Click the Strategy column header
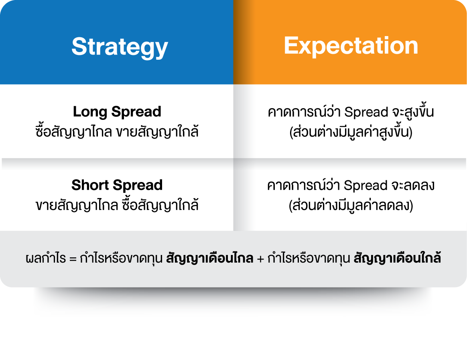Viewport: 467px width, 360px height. pyautogui.click(x=120, y=47)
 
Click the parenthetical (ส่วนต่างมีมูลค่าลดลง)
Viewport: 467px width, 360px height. pyautogui.click(x=351, y=205)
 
